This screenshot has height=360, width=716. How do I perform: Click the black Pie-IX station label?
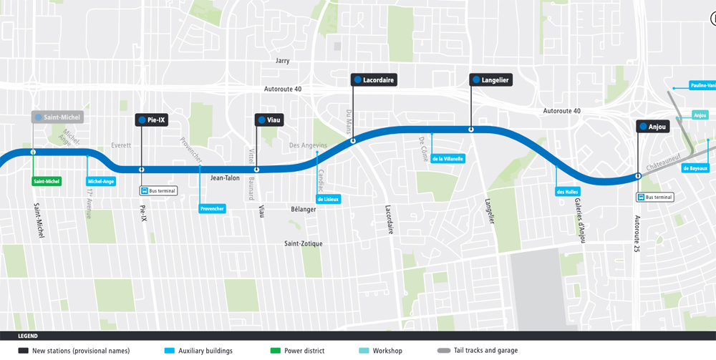[151, 120]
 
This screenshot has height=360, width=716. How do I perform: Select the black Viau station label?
[269, 120]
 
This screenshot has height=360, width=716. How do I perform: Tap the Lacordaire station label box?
[373, 80]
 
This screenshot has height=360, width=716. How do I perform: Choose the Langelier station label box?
[490, 80]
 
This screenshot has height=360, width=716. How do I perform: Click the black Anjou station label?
[652, 127]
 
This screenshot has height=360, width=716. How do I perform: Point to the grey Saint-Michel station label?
[57, 117]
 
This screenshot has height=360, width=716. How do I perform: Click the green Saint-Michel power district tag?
[47, 182]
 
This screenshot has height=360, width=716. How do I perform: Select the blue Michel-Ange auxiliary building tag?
[101, 182]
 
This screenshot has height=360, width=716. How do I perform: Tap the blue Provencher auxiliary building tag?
[212, 209]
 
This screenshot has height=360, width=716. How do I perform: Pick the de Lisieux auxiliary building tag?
[328, 199]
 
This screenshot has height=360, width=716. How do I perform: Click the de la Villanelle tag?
[448, 159]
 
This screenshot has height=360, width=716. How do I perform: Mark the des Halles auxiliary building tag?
[568, 192]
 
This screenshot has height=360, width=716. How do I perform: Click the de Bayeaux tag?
[695, 169]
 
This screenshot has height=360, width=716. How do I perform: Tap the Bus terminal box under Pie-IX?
[158, 191]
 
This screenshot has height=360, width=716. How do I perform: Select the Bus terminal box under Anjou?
[655, 198]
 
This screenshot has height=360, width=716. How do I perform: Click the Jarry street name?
[283, 61]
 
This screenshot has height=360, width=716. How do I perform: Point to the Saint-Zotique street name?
[303, 244]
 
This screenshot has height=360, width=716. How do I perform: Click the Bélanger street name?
[304, 209]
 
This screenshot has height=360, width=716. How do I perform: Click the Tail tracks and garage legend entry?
[481, 351]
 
